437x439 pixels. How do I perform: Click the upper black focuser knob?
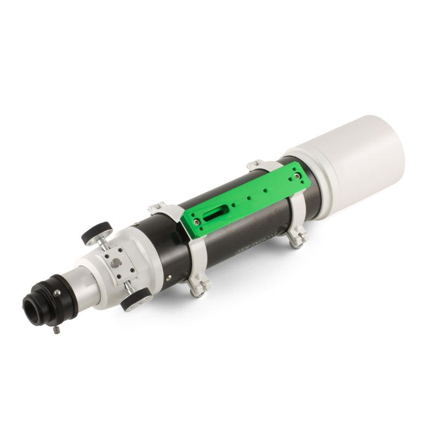(94, 234)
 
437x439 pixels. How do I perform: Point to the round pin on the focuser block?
(116, 264)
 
